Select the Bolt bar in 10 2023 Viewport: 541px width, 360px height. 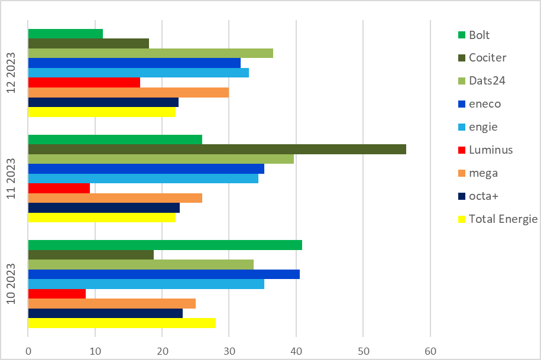(x=165, y=245)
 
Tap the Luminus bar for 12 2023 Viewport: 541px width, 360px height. (x=84, y=82)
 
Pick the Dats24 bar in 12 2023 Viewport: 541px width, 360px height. (x=150, y=53)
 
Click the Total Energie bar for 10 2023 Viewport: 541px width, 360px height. (x=122, y=323)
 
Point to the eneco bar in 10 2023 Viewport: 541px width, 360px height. (x=164, y=274)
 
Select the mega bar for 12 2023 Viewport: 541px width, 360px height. (x=128, y=92)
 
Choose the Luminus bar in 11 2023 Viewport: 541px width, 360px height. (x=59, y=188)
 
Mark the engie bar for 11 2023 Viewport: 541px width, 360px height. (x=143, y=178)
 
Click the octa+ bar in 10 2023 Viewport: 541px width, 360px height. (x=105, y=313)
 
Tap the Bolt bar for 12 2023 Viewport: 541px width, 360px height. (x=66, y=34)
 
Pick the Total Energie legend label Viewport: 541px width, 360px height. (x=503, y=219)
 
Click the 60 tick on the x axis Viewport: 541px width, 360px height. (x=430, y=351)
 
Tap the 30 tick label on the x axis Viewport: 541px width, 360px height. (x=229, y=351)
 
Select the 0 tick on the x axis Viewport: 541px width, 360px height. (x=28, y=351)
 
